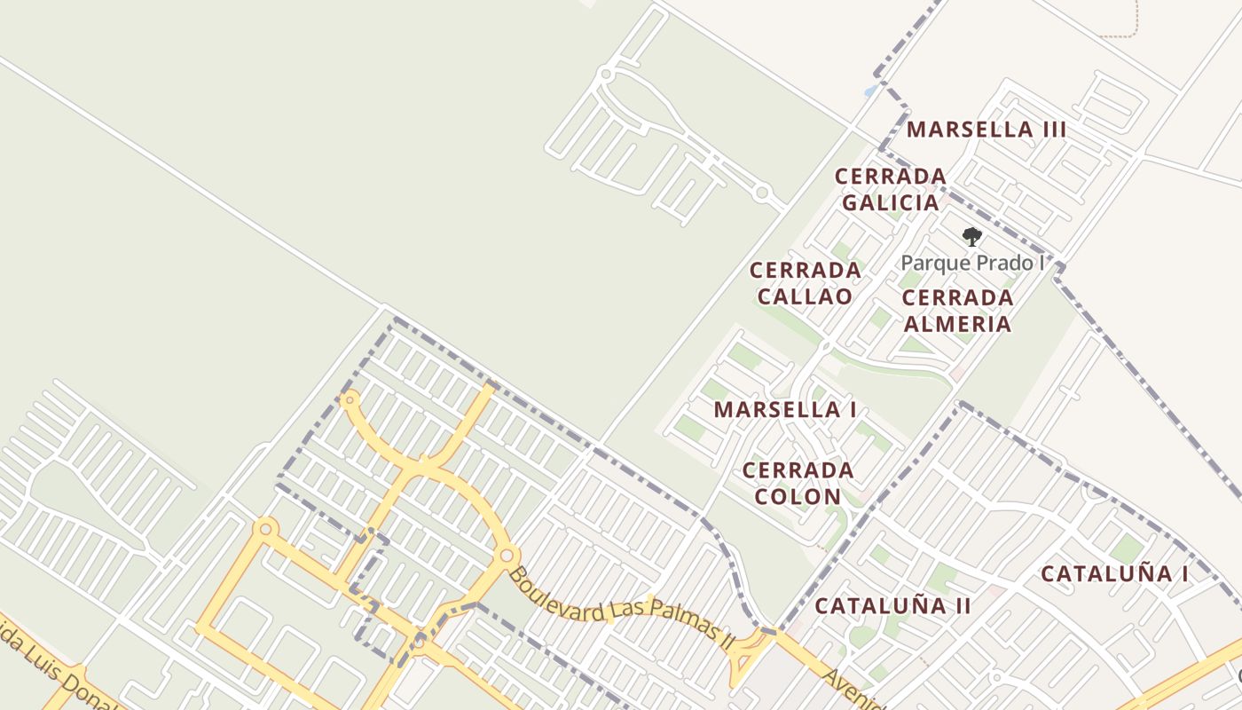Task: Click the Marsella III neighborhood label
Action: click(x=986, y=130)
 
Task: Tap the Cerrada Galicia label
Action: click(x=890, y=189)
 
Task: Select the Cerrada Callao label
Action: click(x=805, y=283)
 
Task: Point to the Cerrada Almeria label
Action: click(x=957, y=311)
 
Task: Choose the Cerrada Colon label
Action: click(x=798, y=483)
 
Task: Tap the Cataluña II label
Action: click(x=892, y=606)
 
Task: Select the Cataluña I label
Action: click(x=1114, y=574)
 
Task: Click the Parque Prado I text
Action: click(x=972, y=264)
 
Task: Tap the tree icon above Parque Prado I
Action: click(x=972, y=237)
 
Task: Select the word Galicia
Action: click(x=890, y=203)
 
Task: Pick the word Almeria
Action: click(x=957, y=324)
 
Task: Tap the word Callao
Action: click(x=805, y=296)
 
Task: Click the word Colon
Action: click(x=798, y=496)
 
